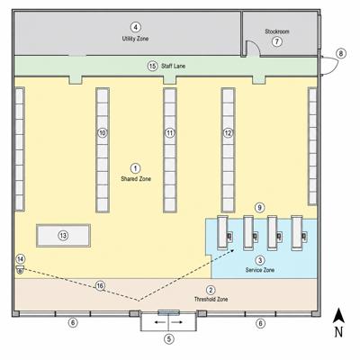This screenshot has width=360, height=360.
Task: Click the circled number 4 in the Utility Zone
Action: tap(136, 27)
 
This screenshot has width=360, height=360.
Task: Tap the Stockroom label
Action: tap(277, 31)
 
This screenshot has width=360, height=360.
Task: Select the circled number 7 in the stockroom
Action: tap(277, 41)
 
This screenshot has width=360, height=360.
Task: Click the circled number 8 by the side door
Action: tap(341, 54)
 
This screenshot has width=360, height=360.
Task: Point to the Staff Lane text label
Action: tap(173, 66)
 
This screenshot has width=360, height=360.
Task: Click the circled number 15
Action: tap(152, 66)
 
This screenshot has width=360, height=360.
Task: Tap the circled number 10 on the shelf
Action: tap(103, 133)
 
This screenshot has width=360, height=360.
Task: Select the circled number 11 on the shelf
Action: tap(170, 133)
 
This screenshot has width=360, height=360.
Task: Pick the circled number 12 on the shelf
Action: tap(228, 133)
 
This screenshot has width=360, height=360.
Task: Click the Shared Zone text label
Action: tap(136, 179)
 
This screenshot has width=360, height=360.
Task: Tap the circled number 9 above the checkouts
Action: tap(260, 208)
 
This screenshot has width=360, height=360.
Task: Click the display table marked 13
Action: tap(63, 236)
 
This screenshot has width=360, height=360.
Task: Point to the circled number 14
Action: tap(21, 259)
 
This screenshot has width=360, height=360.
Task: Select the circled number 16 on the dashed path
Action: tap(100, 286)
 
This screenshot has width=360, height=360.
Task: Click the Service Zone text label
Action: tap(260, 270)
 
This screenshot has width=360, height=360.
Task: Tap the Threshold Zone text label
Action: tap(211, 299)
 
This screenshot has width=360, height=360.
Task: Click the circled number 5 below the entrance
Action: tap(169, 339)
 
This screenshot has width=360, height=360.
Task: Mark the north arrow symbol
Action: tap(338, 316)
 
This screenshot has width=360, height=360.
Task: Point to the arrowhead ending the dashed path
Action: tap(232, 250)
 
